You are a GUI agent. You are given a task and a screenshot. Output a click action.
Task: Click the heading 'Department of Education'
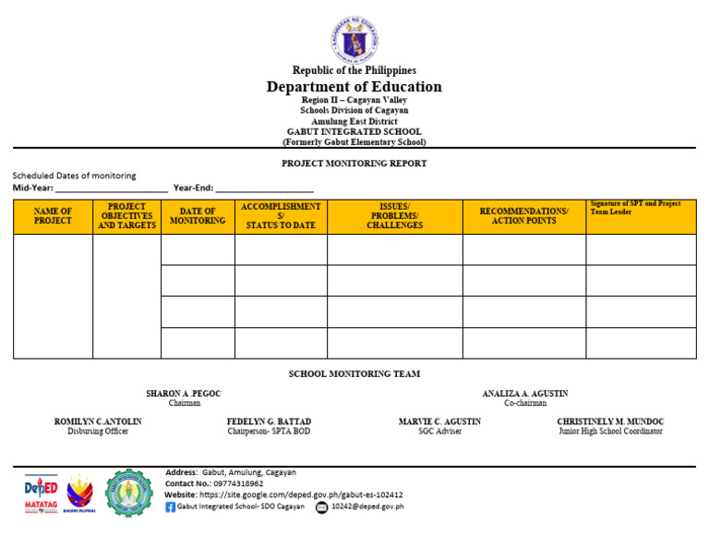(354, 87)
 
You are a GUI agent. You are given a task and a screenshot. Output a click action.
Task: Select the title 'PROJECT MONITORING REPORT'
(354, 164)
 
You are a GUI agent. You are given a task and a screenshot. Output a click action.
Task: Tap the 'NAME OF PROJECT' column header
(53, 216)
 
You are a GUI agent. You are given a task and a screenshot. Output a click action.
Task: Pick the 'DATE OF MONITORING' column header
(198, 216)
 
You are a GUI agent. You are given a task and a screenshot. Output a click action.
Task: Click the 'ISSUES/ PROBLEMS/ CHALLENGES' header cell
(394, 216)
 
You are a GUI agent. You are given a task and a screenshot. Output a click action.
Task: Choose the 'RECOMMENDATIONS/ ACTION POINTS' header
(523, 216)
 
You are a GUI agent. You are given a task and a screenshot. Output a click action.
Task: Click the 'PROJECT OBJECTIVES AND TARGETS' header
(126, 216)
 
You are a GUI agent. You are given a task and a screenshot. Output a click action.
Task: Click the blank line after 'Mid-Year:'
(112, 189)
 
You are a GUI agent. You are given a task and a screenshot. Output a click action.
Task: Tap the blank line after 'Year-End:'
(264, 189)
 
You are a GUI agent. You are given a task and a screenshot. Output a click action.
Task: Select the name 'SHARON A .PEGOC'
(184, 394)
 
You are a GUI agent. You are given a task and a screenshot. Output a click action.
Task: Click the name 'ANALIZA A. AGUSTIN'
(524, 394)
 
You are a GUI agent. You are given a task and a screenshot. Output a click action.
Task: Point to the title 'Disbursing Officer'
(98, 432)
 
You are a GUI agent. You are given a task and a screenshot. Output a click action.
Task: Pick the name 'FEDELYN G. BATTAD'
(269, 421)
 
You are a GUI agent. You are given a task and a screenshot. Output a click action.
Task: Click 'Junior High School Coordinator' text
(610, 432)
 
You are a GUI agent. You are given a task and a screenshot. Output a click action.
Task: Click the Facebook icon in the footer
(170, 507)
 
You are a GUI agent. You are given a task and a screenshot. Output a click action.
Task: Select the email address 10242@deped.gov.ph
(367, 507)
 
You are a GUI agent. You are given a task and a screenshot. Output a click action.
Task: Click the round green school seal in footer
(129, 493)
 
